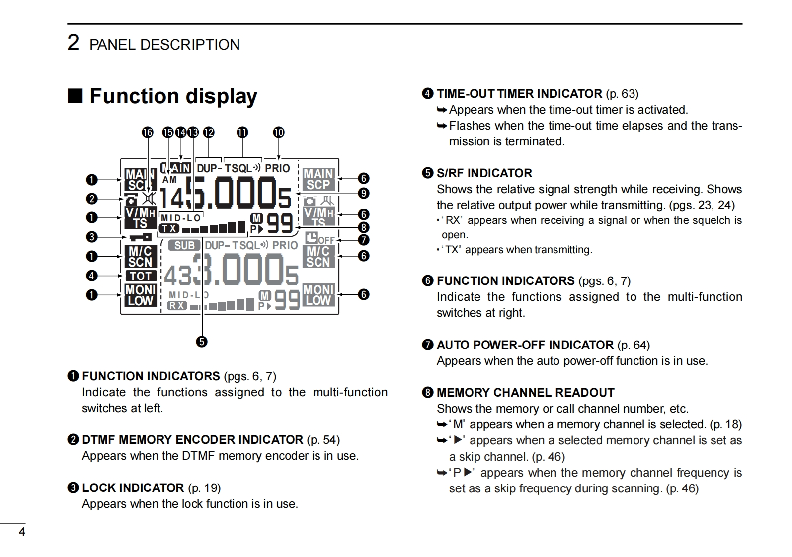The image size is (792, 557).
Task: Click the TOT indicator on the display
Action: click(141, 276)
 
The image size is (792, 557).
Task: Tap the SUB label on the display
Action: click(184, 245)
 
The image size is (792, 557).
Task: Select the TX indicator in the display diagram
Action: click(169, 228)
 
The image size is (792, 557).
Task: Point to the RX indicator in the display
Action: click(177, 305)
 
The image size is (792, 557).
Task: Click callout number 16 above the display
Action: click(148, 132)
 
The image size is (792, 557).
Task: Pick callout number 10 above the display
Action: click(279, 132)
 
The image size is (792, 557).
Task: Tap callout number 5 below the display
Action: click(202, 342)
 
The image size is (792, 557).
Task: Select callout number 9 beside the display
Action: click(364, 193)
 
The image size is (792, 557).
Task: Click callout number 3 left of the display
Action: click(91, 237)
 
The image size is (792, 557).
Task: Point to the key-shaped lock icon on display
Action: click(141, 237)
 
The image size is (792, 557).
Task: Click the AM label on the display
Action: click(169, 180)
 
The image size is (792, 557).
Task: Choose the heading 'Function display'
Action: click(173, 96)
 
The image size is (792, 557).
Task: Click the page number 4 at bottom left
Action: click(22, 532)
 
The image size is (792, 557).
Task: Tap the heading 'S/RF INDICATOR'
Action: click(484, 173)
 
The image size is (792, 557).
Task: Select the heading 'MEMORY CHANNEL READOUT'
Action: click(525, 393)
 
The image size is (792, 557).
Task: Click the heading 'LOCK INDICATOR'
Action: click(133, 488)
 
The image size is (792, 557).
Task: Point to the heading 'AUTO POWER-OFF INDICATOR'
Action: click(525, 345)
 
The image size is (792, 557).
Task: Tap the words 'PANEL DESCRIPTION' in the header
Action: click(164, 45)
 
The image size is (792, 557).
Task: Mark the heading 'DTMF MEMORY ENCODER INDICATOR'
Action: click(192, 440)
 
